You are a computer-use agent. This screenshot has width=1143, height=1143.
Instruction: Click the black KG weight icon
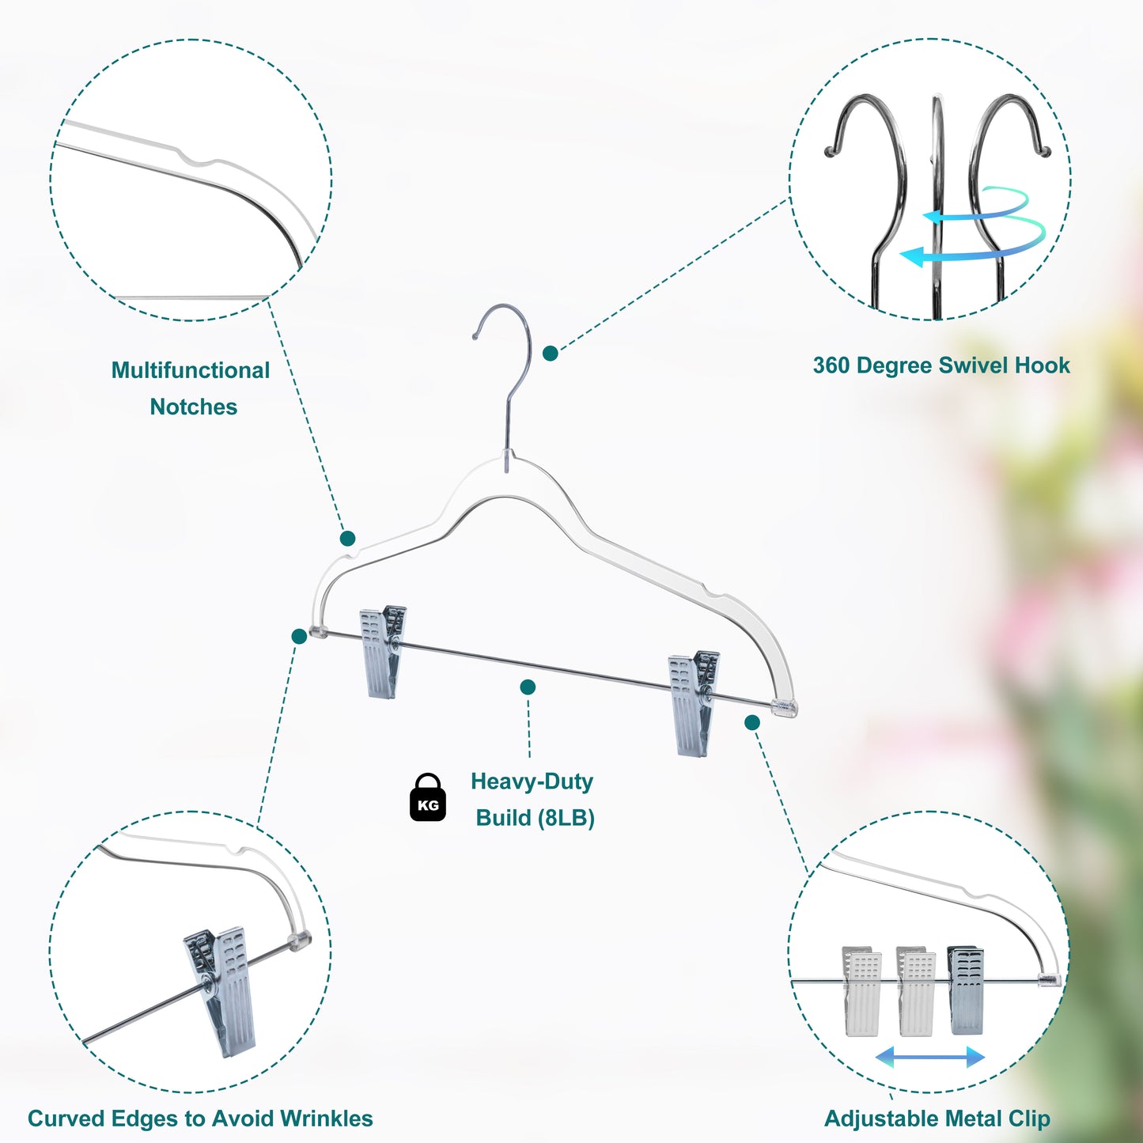[428, 798]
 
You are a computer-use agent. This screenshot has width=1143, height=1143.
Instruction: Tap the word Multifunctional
[191, 370]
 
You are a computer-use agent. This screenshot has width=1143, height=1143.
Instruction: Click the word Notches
[194, 407]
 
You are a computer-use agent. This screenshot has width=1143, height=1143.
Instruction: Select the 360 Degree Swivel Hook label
[941, 365]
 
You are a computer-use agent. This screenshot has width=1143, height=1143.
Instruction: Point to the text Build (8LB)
[535, 818]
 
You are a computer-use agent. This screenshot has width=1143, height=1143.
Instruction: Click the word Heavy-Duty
[532, 782]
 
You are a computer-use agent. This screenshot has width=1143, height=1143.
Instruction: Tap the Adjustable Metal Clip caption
[937, 1118]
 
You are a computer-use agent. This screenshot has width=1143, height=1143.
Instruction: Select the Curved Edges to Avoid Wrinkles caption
[200, 1118]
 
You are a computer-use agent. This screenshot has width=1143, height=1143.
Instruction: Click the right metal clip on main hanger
[693, 702]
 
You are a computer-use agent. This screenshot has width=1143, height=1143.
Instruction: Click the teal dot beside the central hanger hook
[551, 354]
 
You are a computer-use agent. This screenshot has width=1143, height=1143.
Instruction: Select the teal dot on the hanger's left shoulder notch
[347, 539]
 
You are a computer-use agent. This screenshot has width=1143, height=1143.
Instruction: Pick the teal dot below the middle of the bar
[528, 687]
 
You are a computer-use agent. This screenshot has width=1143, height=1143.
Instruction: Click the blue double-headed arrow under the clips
[929, 1057]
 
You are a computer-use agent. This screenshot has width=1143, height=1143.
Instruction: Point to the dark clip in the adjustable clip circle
[966, 990]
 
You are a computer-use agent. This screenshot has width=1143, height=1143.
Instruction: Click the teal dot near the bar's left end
[299, 637]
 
